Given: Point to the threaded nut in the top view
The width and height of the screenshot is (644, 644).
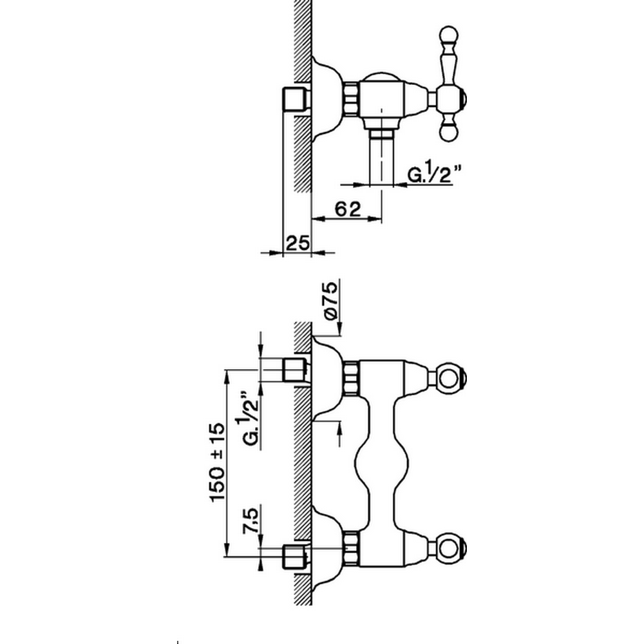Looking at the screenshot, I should pos(351,98).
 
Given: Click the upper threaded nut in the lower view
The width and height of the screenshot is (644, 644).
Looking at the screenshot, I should pos(351,378).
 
